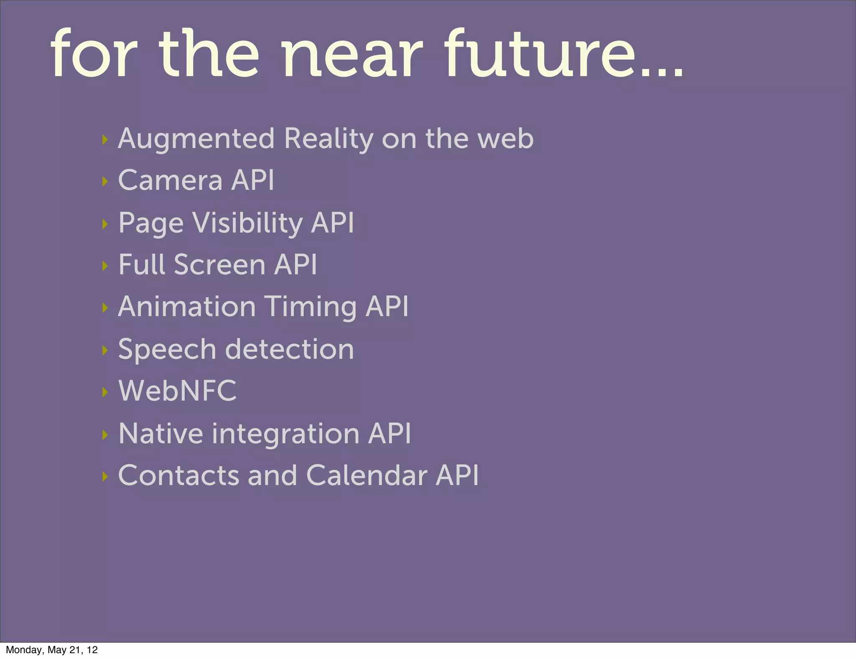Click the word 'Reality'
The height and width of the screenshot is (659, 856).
pos(329,139)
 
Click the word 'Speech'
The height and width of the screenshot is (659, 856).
pos(167,350)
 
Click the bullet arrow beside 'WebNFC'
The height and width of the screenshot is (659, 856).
pos(105,392)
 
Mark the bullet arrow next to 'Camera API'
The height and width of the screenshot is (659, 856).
pos(105,181)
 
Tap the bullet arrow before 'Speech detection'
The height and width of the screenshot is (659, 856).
pos(105,350)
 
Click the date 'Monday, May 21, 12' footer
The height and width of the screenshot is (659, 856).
pos(52,649)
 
